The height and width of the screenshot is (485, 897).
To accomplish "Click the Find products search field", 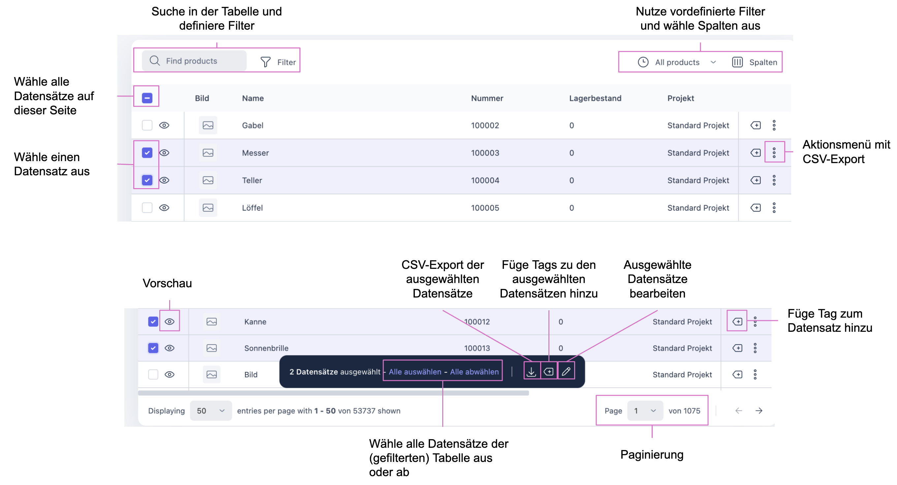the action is point(194,61).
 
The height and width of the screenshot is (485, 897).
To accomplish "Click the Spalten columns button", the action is point(755,62).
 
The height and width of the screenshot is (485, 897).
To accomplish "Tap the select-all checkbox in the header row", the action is point(147,98).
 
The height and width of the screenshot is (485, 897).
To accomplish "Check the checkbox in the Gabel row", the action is point(147,125).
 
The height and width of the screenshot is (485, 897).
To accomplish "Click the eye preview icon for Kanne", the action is point(169,322).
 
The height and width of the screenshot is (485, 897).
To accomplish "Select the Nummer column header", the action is point(487,99).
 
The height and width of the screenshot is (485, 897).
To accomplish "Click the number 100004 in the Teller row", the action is point(485,180).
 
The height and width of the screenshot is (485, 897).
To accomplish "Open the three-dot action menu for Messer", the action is point(774,153).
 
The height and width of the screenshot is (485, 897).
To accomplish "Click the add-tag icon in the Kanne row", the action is point(737,322).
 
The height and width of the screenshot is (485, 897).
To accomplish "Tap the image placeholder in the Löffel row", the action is point(208,208).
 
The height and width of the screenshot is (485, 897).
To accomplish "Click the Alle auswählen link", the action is point(415,372).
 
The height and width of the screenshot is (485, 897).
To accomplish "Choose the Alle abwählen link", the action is point(474,372).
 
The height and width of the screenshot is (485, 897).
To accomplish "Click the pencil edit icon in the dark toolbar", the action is point(566,372).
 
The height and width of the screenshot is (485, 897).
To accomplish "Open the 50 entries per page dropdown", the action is point(211,411).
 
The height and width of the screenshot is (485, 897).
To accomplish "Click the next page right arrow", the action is point(759,411).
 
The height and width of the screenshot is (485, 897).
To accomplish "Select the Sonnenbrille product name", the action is point(266,348).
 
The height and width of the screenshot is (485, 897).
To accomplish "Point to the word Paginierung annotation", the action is point(652,455).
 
